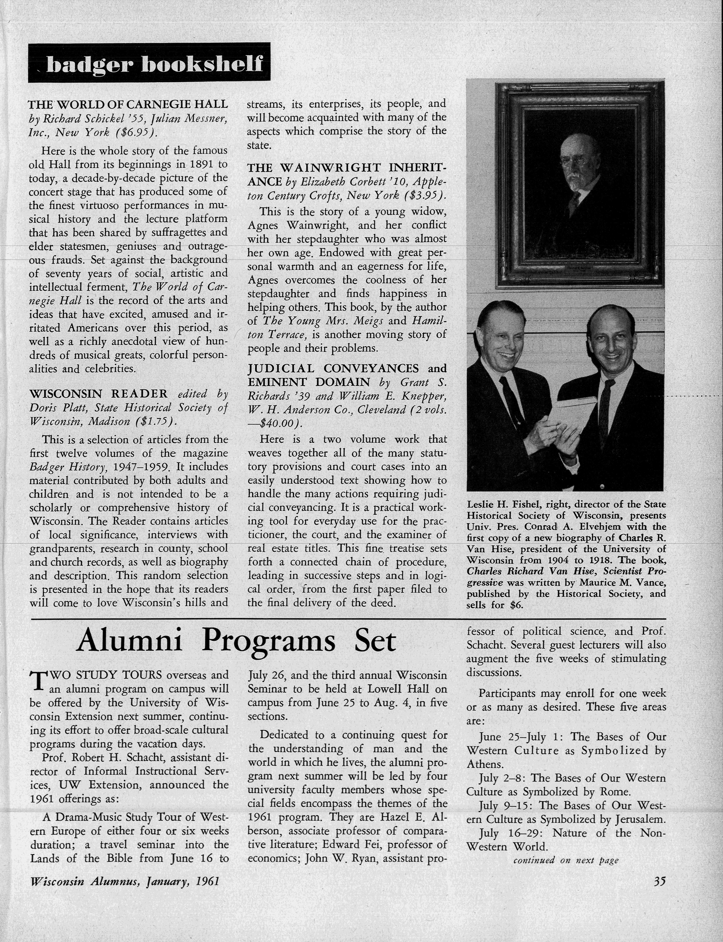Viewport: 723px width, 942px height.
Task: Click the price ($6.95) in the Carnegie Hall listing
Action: click(136, 133)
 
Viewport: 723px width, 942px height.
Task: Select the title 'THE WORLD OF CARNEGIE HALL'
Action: click(128, 105)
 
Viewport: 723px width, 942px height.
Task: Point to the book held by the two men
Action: click(572, 415)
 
